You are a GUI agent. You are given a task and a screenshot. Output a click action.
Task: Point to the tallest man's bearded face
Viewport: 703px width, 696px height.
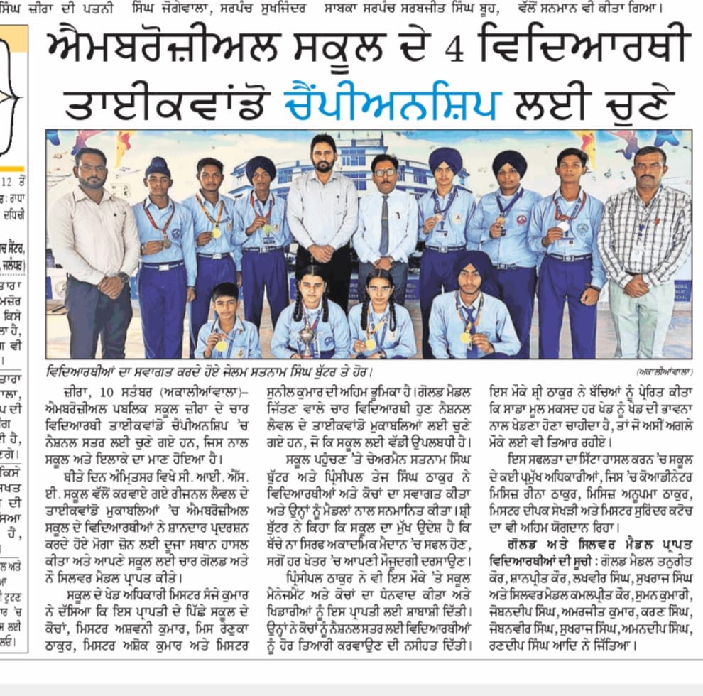[322, 153]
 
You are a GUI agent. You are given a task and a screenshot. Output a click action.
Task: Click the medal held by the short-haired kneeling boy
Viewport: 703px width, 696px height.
[222, 346]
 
